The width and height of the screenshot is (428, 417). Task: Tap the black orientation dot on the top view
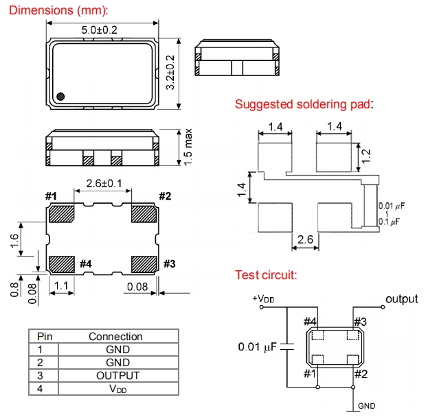click(x=61, y=96)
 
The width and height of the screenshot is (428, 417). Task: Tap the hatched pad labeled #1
click(x=63, y=214)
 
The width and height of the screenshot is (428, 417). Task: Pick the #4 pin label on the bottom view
click(x=85, y=264)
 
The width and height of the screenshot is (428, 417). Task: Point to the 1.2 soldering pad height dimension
click(x=367, y=156)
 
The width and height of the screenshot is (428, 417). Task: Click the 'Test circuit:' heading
click(x=266, y=276)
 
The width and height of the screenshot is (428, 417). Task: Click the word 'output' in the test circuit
click(x=402, y=299)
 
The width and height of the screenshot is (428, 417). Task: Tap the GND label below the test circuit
click(x=366, y=405)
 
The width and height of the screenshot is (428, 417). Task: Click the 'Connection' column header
click(x=115, y=336)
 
